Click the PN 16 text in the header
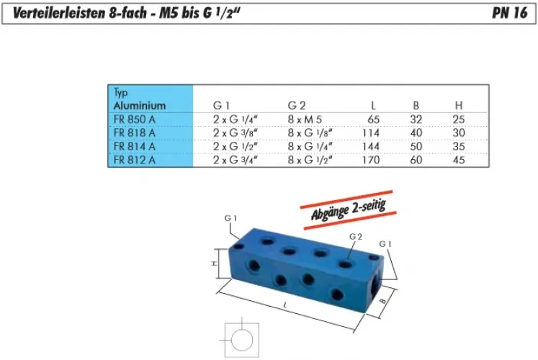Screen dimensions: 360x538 510,13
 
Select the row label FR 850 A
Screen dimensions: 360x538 135,119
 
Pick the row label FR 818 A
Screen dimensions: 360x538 134,132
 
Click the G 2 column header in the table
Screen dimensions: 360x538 297,105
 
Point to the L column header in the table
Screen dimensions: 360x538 373,105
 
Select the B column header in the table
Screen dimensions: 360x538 416,105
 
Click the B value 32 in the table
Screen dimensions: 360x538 416,119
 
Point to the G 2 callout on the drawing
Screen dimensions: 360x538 354,236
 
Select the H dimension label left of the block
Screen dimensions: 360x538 214,264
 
